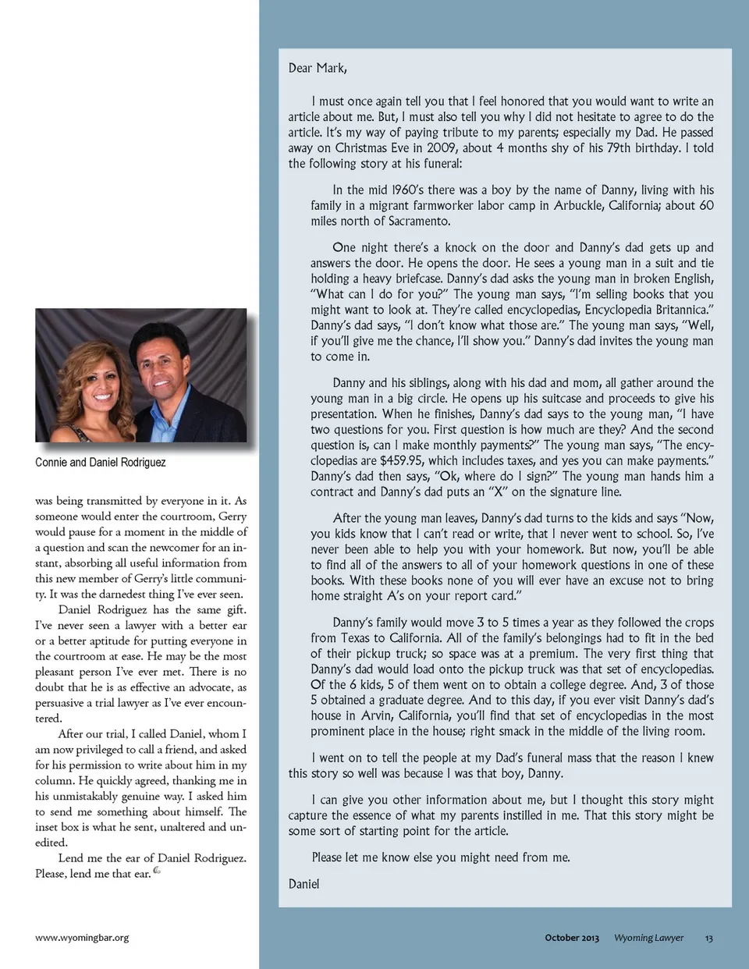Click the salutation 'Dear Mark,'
coord(318,69)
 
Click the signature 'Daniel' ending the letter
coord(304,884)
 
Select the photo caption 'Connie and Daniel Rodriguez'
coord(100,463)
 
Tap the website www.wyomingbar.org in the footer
coord(82,938)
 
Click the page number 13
coord(708,938)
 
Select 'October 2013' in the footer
coord(572,938)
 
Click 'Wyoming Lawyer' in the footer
coord(648,938)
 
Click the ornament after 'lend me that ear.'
coord(157,871)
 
